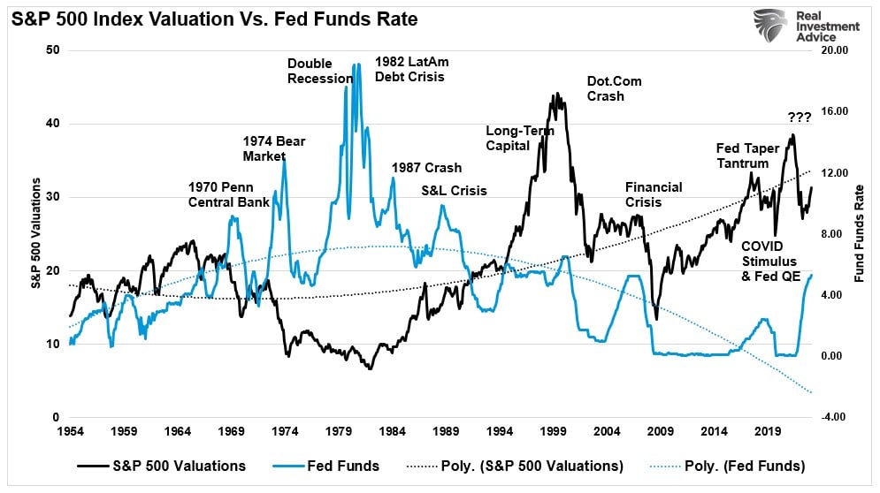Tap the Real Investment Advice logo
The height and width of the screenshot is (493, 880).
[805, 27]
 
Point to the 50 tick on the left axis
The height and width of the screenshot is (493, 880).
[53, 50]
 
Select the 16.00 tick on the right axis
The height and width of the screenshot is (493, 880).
[835, 112]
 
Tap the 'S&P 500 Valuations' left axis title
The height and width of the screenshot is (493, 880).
[36, 233]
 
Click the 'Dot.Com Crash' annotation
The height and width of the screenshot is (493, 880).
[614, 88]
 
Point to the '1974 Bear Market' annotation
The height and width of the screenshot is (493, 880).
[273, 148]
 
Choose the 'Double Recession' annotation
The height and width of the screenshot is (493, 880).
[320, 71]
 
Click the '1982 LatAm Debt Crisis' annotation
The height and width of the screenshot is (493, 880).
[409, 69]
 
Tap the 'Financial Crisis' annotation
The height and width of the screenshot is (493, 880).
[653, 194]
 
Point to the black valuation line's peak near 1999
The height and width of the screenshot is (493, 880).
[556, 94]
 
